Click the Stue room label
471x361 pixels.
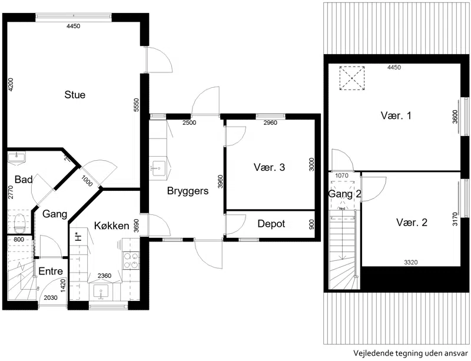click(75, 95)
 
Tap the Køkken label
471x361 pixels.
click(112, 226)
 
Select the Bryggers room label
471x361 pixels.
click(188, 191)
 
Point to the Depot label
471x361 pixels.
click(271, 224)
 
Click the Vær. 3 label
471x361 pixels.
click(269, 167)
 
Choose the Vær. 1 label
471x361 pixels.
click(396, 115)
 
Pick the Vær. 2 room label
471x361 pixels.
click(412, 223)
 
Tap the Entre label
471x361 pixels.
click(51, 271)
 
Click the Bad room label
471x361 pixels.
click(24, 180)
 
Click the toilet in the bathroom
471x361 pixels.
click(20, 223)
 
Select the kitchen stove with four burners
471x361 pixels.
click(131, 260)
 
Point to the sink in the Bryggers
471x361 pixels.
click(158, 168)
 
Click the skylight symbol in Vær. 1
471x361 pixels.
click(351, 78)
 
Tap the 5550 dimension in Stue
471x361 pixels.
click(137, 105)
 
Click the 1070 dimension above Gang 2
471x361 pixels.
click(341, 175)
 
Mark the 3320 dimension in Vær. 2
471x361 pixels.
click(410, 263)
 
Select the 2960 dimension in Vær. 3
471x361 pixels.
click(270, 122)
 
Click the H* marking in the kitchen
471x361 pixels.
click(78, 237)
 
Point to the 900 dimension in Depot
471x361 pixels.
click(311, 224)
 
